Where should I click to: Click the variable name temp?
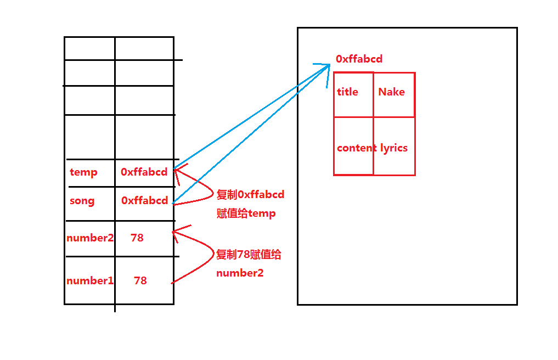[x=83, y=172]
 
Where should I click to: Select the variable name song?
[x=82, y=201]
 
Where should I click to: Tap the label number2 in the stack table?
[x=90, y=238]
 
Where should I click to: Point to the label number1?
[x=90, y=280]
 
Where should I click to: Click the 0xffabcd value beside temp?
[x=144, y=172]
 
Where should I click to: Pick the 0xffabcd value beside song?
[x=144, y=201]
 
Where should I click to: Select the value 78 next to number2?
[x=137, y=238]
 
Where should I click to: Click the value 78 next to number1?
[x=140, y=280]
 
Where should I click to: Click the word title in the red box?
[x=347, y=92]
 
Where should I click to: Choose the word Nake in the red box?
[x=391, y=92]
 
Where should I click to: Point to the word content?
[x=357, y=148]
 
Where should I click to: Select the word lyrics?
[x=394, y=148]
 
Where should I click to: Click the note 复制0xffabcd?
[x=250, y=195]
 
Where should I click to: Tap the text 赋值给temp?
[x=246, y=213]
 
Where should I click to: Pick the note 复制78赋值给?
[x=249, y=255]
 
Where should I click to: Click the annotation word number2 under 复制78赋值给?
[x=240, y=273]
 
